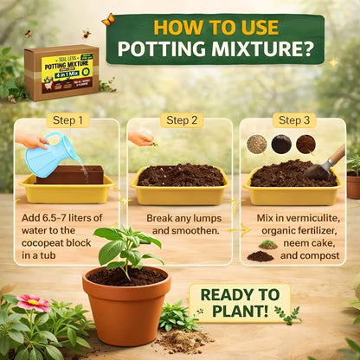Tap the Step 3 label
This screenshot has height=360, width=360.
click(292, 120)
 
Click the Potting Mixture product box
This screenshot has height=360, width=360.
click(61, 73)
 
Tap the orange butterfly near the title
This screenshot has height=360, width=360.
click(108, 19)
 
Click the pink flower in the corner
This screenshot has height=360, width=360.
click(33, 303)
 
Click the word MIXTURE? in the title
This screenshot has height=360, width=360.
click(267, 48)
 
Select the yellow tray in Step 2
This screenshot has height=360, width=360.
click(179, 192)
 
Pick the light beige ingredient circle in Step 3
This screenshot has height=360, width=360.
click(256, 144)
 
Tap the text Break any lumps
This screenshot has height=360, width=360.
click(180, 217)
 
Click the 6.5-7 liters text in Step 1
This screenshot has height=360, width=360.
click(71, 217)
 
